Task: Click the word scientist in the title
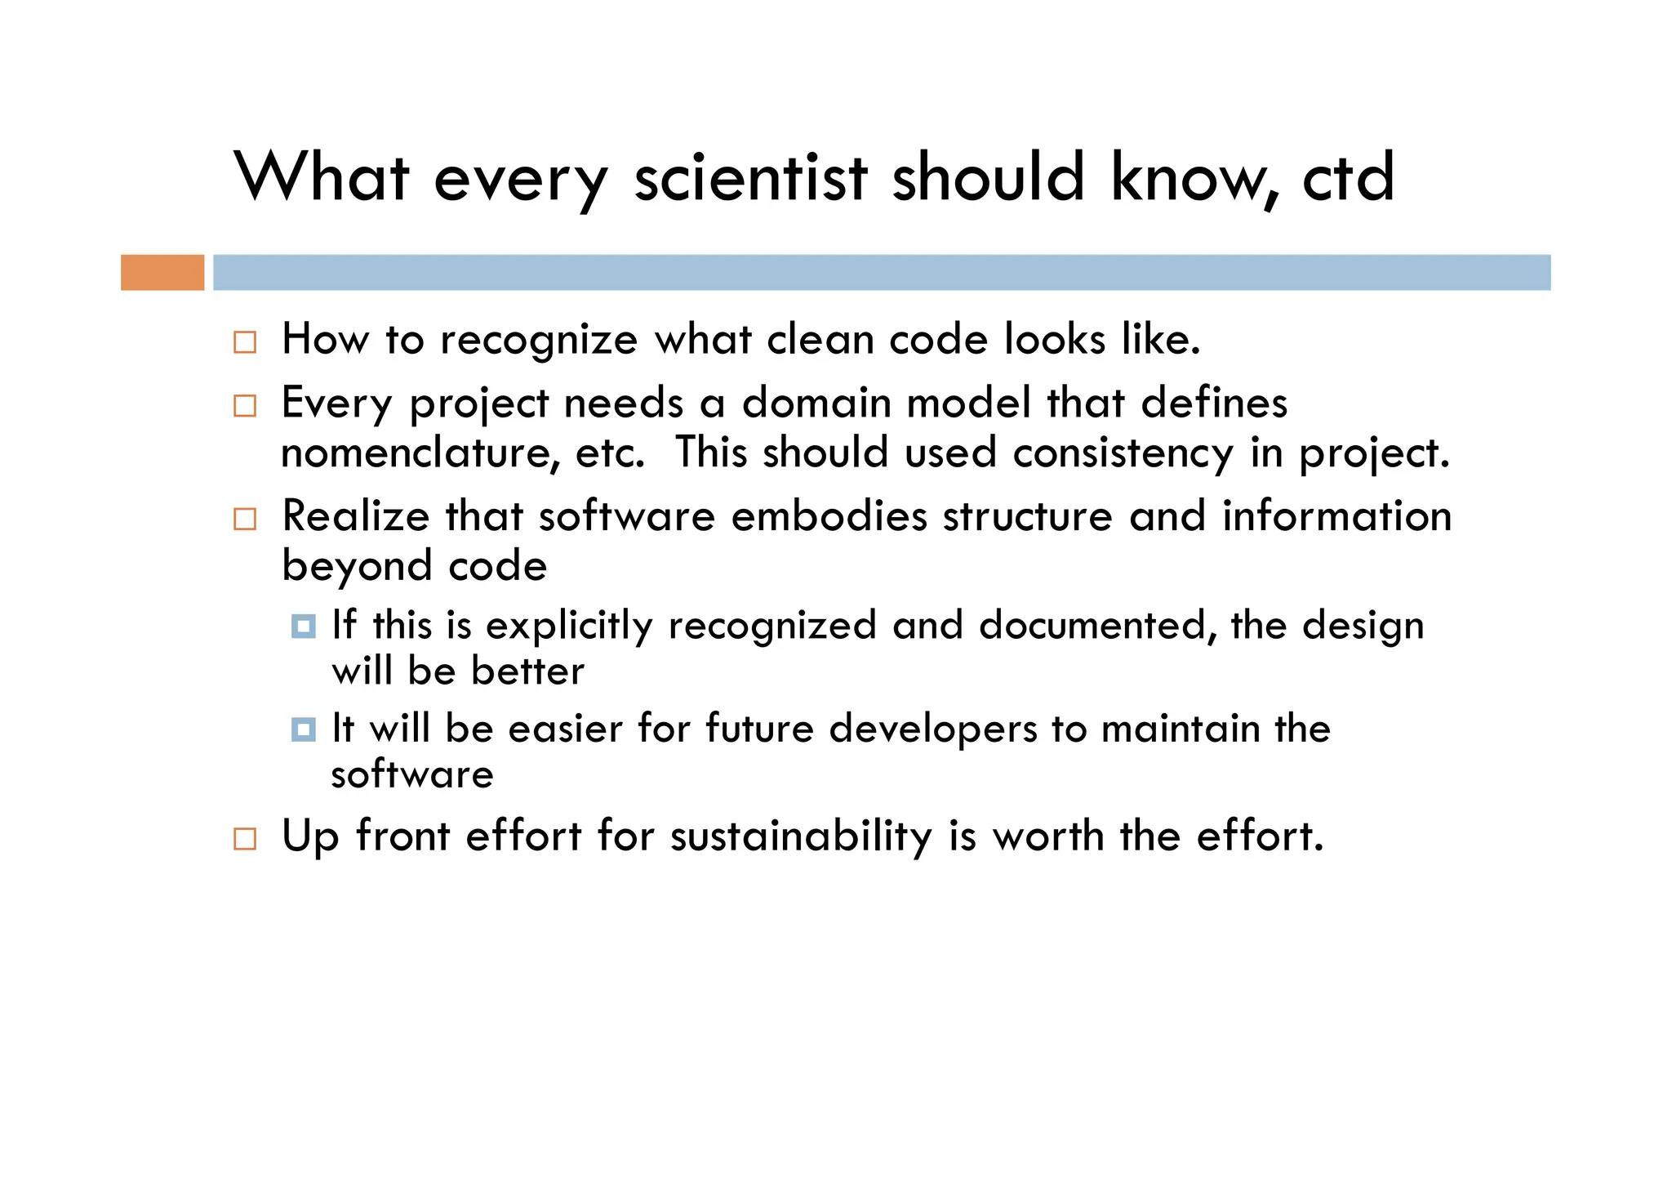click(x=750, y=178)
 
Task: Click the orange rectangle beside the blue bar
click(x=162, y=272)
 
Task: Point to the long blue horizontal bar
click(x=882, y=272)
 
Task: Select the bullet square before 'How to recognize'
click(x=245, y=341)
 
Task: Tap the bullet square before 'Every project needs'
click(x=245, y=405)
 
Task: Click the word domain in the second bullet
click(x=816, y=403)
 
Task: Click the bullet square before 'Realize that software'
click(x=245, y=519)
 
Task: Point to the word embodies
click(x=829, y=516)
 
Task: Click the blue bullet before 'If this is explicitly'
click(x=304, y=627)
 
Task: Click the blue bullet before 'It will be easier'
click(x=304, y=729)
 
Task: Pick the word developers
click(x=932, y=729)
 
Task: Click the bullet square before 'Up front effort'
click(x=245, y=839)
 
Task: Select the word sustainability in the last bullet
click(x=801, y=837)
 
